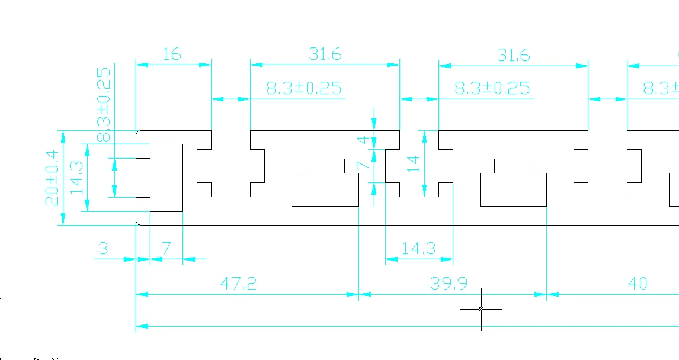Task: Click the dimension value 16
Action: (x=171, y=54)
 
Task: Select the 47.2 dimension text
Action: (x=238, y=284)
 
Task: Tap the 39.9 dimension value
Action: (x=448, y=284)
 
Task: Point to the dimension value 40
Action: (x=637, y=284)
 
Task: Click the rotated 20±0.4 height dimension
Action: (x=52, y=178)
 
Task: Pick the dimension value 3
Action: (x=103, y=249)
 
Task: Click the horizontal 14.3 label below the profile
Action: (x=418, y=249)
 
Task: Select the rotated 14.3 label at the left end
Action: (x=76, y=178)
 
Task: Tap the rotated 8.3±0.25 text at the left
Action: (x=103, y=104)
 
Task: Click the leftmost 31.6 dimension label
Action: (x=325, y=54)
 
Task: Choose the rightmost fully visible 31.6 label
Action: (x=513, y=55)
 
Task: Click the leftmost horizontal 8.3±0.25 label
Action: (x=303, y=89)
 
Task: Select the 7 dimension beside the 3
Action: (x=166, y=249)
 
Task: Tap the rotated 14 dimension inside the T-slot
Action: (x=414, y=163)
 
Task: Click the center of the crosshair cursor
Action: (x=481, y=309)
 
